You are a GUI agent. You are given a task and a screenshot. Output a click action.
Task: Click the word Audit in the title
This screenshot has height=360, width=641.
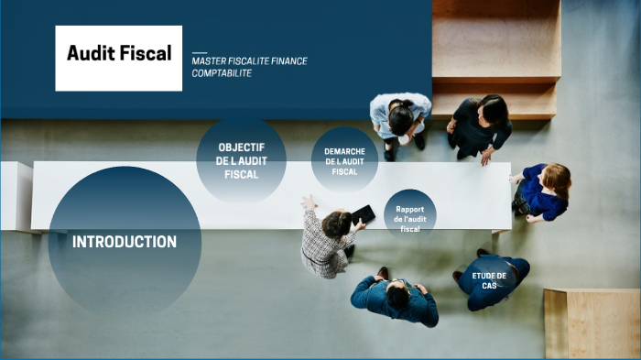(88, 53)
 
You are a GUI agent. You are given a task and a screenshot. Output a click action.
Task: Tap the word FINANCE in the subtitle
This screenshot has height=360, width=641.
(288, 61)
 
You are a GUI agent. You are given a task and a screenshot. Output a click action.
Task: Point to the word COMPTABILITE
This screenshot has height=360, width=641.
(222, 73)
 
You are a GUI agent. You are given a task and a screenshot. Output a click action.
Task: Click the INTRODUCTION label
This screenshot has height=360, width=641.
(125, 242)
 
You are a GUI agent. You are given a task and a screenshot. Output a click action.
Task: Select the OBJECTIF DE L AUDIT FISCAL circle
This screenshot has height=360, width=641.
(242, 160)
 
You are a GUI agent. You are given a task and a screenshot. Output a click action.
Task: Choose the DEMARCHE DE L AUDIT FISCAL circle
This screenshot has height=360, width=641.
(345, 160)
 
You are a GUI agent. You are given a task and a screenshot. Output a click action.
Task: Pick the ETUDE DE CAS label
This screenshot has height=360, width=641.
(489, 279)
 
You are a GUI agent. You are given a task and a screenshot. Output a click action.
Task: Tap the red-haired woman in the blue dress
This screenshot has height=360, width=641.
(542, 191)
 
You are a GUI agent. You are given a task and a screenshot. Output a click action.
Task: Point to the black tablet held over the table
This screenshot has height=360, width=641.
(364, 214)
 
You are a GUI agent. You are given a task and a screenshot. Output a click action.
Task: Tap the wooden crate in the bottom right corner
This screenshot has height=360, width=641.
(592, 322)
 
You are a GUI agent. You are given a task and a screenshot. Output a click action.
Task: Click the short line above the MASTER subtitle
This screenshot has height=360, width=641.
(200, 52)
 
